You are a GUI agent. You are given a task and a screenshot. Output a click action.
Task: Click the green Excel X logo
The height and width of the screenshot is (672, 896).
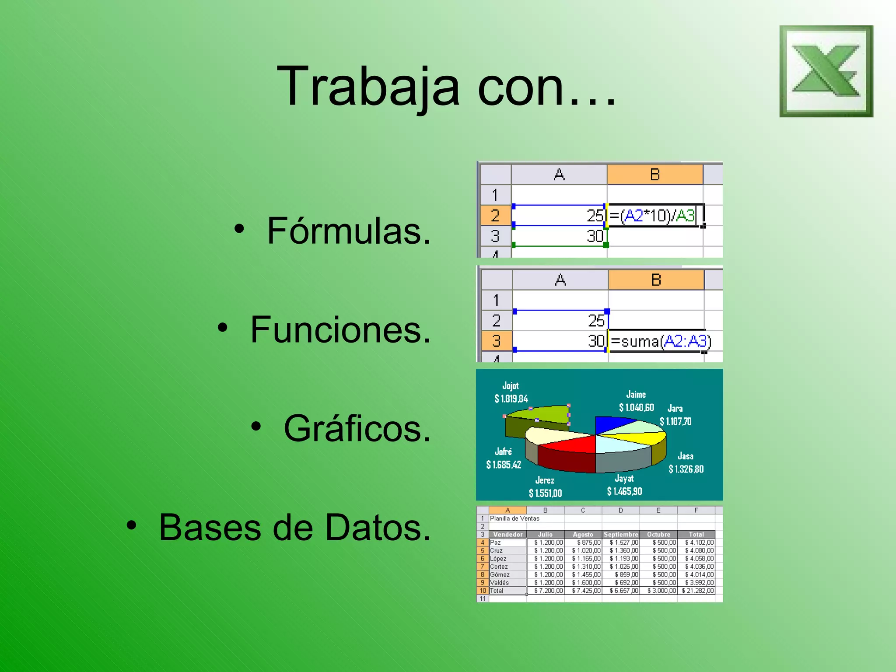826,71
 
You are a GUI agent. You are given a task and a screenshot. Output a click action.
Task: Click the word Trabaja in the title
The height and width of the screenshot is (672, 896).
367,86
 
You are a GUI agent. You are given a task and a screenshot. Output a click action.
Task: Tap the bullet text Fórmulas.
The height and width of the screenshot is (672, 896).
349,231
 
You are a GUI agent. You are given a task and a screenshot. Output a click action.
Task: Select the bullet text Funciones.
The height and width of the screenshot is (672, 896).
340,330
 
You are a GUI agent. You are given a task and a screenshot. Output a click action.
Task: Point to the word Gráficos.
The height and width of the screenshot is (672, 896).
357,429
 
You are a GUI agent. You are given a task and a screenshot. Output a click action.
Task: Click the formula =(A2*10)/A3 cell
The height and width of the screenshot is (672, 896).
654,216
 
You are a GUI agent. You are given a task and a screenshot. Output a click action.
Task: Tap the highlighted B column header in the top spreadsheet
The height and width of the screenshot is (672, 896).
654,175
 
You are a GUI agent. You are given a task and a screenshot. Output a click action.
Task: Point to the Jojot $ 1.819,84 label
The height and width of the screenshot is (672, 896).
511,392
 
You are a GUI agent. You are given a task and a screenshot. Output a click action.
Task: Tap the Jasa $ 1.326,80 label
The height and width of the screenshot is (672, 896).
686,463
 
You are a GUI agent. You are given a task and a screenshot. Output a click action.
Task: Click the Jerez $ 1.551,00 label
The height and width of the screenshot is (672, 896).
545,487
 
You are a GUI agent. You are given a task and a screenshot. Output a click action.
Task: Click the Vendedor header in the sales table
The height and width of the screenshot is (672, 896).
507,534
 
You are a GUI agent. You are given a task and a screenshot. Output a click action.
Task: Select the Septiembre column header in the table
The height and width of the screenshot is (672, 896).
620,534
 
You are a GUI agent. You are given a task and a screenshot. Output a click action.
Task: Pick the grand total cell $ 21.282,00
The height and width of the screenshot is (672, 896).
697,591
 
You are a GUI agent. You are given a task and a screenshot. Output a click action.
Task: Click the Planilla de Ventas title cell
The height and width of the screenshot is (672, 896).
514,518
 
